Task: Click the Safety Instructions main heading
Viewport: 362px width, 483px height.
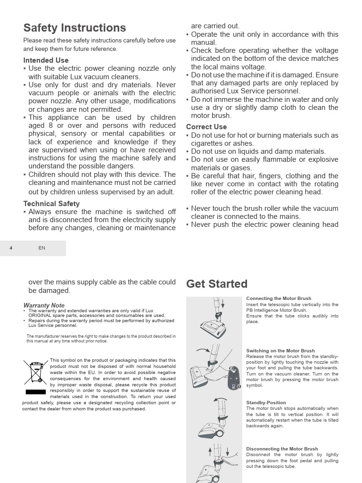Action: [x=74, y=28]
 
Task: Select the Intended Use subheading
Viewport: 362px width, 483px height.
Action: [x=46, y=60]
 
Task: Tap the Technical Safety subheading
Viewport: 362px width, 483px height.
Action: [x=51, y=204]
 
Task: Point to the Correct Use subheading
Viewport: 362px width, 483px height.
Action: [x=206, y=127]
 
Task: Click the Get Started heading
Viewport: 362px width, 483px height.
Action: [x=216, y=284]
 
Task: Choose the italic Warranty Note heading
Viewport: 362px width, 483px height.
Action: [x=44, y=305]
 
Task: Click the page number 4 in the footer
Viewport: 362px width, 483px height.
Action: [x=11, y=248]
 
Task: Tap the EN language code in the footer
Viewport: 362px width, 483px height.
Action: [x=42, y=248]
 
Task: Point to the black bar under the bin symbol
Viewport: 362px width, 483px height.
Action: [x=36, y=392]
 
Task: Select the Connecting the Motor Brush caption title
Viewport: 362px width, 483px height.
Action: [x=279, y=299]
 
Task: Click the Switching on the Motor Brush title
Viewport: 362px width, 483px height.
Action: [x=280, y=351]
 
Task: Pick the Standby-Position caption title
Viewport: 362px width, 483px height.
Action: [x=266, y=403]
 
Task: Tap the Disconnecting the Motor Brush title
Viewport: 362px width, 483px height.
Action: [x=282, y=449]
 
